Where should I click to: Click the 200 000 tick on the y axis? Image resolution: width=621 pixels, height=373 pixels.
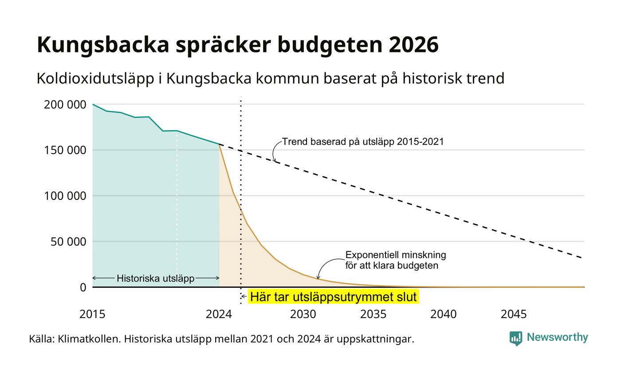(x=65, y=105)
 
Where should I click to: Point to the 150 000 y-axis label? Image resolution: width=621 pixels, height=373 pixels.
(x=65, y=150)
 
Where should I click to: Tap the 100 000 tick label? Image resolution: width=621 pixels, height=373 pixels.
(x=65, y=196)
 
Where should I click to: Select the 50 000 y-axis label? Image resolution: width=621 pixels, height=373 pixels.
(x=68, y=242)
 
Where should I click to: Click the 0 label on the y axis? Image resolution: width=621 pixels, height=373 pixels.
(x=83, y=288)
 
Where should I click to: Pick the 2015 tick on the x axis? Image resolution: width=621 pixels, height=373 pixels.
(x=92, y=314)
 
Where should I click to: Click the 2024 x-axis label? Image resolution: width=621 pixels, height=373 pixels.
(x=219, y=314)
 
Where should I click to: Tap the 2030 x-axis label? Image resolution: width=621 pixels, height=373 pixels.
(x=303, y=314)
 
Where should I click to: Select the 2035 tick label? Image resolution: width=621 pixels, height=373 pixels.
(x=373, y=314)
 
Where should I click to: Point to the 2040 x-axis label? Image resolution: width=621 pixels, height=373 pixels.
(x=443, y=314)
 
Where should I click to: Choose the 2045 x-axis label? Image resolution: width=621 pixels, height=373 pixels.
(x=514, y=314)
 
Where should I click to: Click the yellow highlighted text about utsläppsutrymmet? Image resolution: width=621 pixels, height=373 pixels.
(x=333, y=297)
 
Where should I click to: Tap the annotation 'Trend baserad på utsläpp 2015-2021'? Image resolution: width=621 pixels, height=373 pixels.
(x=363, y=142)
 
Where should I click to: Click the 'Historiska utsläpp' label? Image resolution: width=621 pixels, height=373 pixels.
(x=156, y=278)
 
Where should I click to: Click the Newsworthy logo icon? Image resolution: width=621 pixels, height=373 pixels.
(x=515, y=338)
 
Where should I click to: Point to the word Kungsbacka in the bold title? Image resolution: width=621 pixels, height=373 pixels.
(x=103, y=45)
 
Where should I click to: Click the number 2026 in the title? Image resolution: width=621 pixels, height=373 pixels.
(x=413, y=44)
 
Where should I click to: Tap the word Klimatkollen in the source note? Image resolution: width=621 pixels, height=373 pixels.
(x=89, y=339)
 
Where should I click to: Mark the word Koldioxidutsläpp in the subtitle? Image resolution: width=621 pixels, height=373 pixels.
(x=95, y=79)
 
